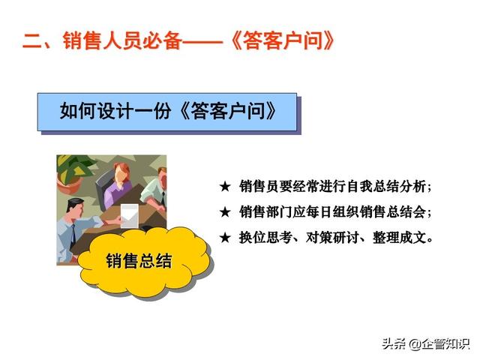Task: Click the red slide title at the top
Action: tap(178, 40)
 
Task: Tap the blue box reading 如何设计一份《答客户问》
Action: tap(167, 112)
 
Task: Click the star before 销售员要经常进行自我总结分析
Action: tap(225, 187)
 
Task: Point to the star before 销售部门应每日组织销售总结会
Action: tap(225, 211)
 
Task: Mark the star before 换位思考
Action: tap(225, 238)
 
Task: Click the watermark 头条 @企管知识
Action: tap(425, 343)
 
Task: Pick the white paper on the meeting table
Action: tap(130, 216)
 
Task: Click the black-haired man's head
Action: tap(75, 208)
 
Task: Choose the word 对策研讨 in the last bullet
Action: tap(332, 238)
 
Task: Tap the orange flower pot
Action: tap(70, 185)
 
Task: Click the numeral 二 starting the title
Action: tap(32, 41)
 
